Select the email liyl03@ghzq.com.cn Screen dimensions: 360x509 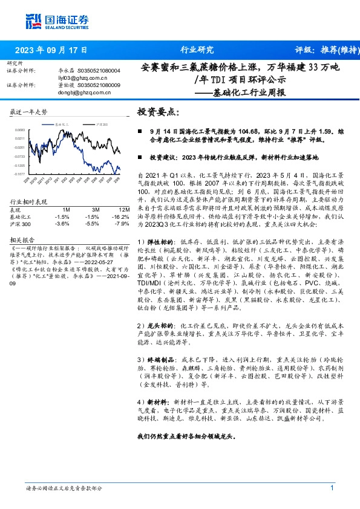click(x=65, y=78)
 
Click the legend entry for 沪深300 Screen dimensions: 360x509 click(x=101, y=123)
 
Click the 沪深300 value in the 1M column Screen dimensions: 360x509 click(x=62, y=223)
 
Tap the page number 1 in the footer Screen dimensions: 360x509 click(x=332, y=488)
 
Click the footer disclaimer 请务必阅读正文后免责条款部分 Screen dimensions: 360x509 click(x=64, y=488)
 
